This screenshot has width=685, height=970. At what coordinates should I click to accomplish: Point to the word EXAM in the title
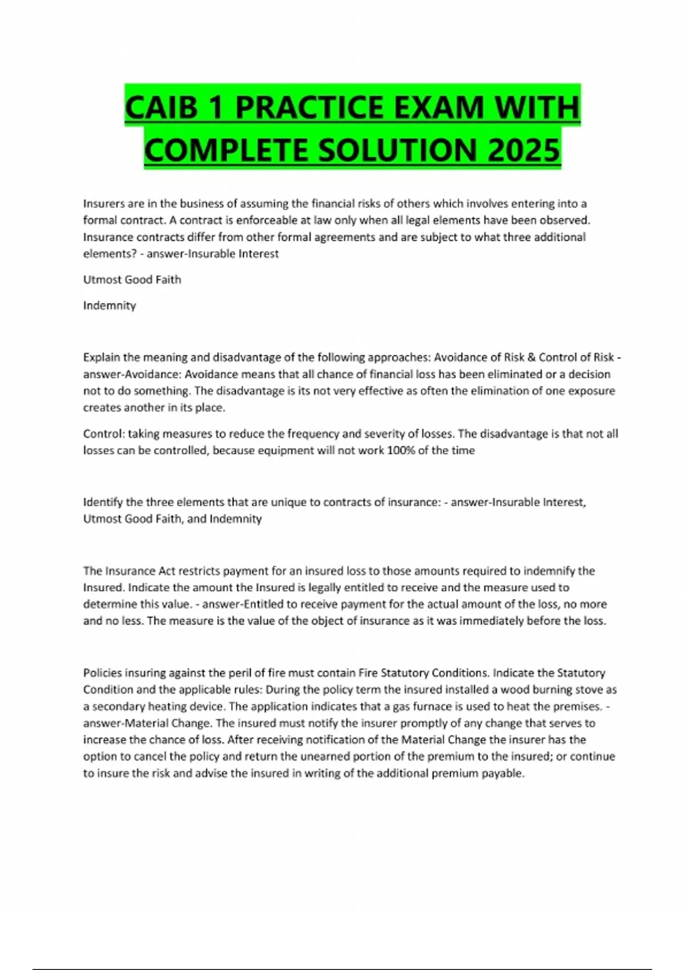pos(438,108)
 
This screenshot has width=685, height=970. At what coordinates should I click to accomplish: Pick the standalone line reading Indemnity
pos(110,306)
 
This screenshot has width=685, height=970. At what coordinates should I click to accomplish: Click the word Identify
pos(103,502)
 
